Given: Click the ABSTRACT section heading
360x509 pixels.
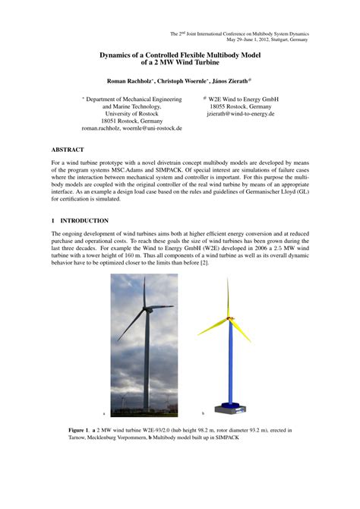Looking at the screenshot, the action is click(68, 150).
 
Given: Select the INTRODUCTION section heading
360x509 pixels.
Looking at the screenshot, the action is click(84, 220).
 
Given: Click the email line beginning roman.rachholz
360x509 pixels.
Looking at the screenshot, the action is click(131, 129).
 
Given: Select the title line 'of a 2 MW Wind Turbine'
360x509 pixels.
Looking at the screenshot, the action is click(180, 63).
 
